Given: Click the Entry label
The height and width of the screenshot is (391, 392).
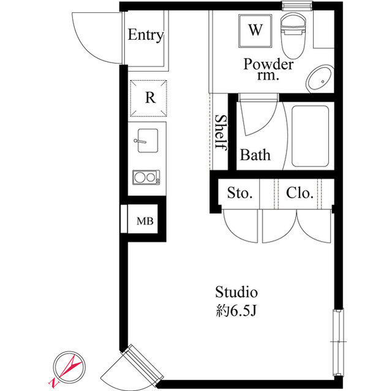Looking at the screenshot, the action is (x=146, y=35).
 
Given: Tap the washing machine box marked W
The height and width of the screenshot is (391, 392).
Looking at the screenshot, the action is (x=255, y=31).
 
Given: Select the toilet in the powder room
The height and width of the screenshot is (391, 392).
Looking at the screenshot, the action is (x=293, y=35).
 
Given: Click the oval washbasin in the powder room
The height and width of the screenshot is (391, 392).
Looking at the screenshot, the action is (x=320, y=79).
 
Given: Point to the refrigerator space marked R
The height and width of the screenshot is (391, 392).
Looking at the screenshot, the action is (x=148, y=98).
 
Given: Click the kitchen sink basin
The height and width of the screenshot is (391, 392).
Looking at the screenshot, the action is (x=148, y=141).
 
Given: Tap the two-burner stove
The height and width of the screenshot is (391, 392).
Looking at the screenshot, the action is (x=146, y=177).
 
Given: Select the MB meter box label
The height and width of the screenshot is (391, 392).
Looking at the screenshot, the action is (x=145, y=221).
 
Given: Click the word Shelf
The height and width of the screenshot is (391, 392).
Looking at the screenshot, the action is (x=221, y=133).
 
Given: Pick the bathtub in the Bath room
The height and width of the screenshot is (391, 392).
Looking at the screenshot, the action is (x=310, y=136).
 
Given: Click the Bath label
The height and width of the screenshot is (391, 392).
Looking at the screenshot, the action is (x=255, y=155).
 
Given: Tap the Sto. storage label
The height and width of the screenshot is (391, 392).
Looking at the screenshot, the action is (x=239, y=193).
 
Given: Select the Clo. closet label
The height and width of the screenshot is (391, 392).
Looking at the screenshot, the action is (x=300, y=193).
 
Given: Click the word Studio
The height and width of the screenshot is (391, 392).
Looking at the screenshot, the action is (x=236, y=292).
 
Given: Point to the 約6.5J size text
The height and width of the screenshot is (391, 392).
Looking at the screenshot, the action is (x=236, y=311).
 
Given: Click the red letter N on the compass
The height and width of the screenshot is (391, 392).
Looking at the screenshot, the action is (x=53, y=382).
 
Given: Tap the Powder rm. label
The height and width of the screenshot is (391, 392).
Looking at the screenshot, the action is (x=268, y=69).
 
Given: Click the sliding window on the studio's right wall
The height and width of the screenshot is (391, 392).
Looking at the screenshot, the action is (x=338, y=342).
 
